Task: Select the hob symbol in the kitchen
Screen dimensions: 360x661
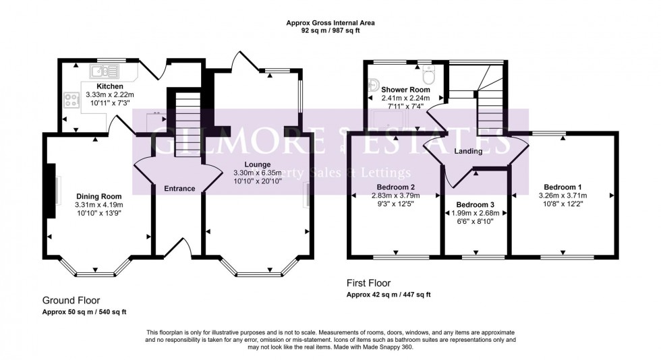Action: (x=71, y=99)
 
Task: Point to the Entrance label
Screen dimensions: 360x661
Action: (x=179, y=189)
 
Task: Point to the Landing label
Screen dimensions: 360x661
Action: (x=468, y=151)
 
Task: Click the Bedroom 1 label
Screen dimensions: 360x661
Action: (x=562, y=187)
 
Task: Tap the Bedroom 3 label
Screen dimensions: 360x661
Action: (x=475, y=204)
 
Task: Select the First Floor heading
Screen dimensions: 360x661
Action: (x=368, y=283)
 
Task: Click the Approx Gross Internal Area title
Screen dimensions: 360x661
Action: (x=330, y=22)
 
